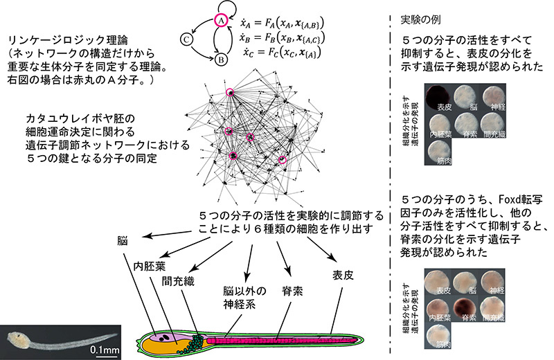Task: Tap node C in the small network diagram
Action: [x=188, y=39]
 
